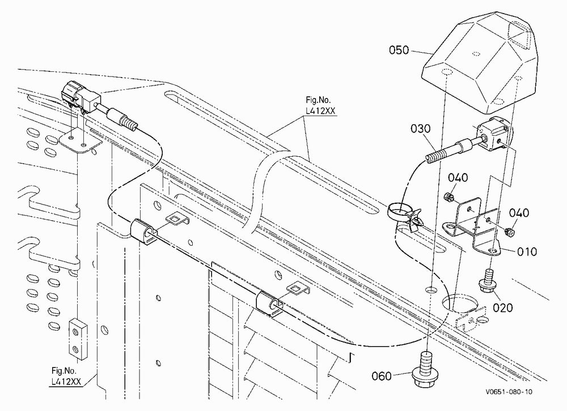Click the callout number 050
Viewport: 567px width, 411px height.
(x=399, y=50)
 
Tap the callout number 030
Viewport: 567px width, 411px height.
(x=421, y=129)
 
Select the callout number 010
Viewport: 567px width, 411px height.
(x=527, y=251)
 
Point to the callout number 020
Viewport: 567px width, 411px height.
(x=502, y=308)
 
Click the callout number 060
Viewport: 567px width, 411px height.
(x=382, y=376)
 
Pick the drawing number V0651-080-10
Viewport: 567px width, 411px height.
(x=509, y=392)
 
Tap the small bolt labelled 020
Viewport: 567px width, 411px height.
(x=488, y=280)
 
